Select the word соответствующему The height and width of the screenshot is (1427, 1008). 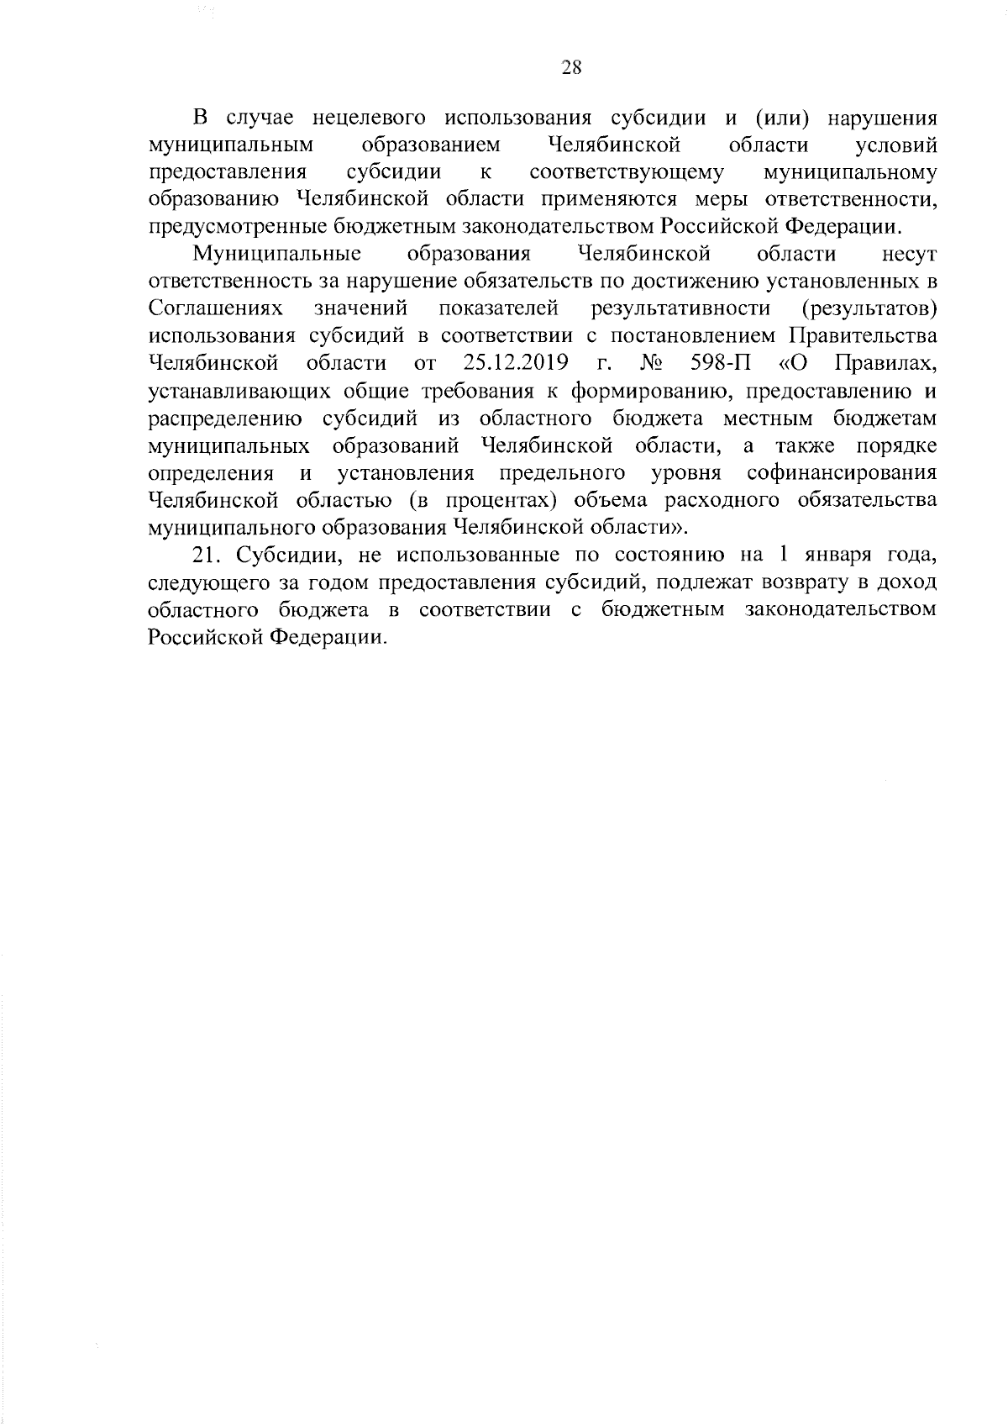click(627, 172)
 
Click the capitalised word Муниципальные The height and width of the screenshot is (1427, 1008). click(277, 254)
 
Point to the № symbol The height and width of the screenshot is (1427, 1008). click(651, 363)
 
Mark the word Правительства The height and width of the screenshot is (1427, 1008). click(862, 335)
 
